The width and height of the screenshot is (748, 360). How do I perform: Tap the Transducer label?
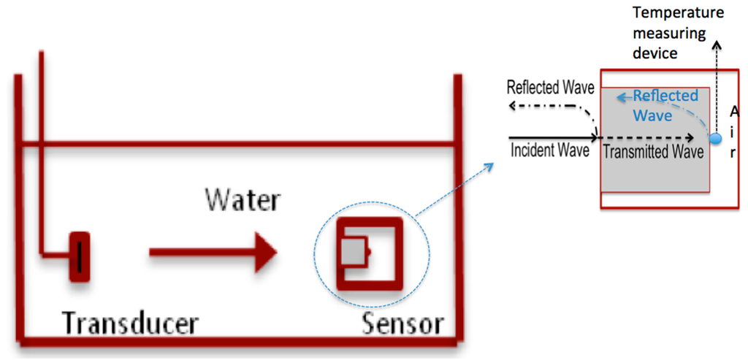pyautogui.click(x=130, y=323)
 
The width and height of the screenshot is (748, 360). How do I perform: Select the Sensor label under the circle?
pyautogui.click(x=402, y=323)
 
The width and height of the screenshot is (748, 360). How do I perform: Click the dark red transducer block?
pyautogui.click(x=80, y=256)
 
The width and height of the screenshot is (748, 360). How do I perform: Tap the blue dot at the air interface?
pyautogui.click(x=716, y=138)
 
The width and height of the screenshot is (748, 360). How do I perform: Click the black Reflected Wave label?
pyautogui.click(x=551, y=88)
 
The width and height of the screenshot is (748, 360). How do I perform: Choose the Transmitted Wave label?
pyautogui.click(x=652, y=152)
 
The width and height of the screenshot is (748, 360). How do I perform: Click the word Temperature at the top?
pyautogui.click(x=678, y=12)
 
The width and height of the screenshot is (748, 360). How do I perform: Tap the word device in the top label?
pyautogui.click(x=655, y=53)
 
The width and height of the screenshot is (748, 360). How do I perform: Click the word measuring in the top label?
pyautogui.click(x=669, y=33)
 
